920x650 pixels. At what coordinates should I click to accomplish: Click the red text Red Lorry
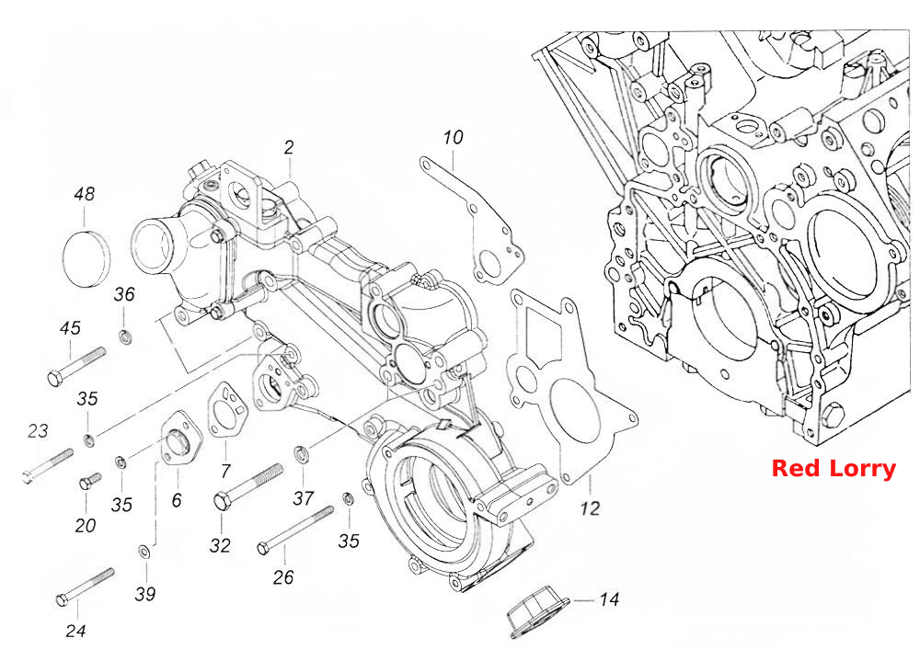coord(834,469)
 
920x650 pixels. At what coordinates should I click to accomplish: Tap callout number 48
coord(85,194)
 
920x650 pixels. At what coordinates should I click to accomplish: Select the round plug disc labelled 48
coord(86,258)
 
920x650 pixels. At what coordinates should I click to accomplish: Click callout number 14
coord(609,599)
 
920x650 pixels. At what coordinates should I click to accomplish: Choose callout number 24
coord(75,632)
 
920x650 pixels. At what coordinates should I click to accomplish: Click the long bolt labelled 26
coord(295,530)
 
